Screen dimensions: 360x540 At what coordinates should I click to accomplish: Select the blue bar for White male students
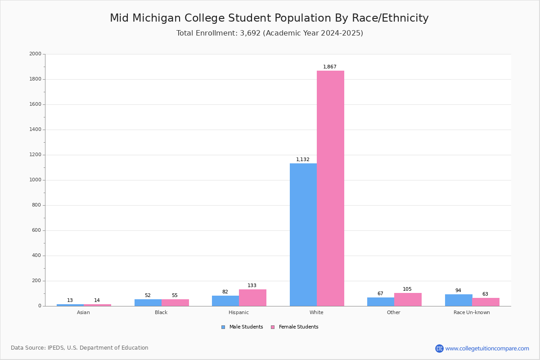pyautogui.click(x=303, y=234)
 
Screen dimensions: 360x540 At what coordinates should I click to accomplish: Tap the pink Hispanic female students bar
pyautogui.click(x=252, y=297)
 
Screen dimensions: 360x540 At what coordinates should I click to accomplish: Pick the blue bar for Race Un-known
pyautogui.click(x=458, y=300)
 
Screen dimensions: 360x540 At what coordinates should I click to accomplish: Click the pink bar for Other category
pyautogui.click(x=408, y=299)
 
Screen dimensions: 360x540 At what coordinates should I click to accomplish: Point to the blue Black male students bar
pyautogui.click(x=148, y=302)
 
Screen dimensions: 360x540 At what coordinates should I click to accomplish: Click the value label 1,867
pyautogui.click(x=330, y=67)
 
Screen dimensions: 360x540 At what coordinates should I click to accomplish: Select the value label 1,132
pyautogui.click(x=303, y=160)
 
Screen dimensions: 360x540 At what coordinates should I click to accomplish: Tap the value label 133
pyautogui.click(x=252, y=286)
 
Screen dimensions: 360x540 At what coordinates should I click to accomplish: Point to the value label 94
pyautogui.click(x=458, y=291)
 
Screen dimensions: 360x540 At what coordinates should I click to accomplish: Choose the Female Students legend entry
pyautogui.click(x=295, y=327)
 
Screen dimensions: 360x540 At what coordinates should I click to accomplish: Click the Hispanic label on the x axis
pyautogui.click(x=238, y=313)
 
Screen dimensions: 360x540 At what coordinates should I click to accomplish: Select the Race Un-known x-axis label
pyautogui.click(x=472, y=313)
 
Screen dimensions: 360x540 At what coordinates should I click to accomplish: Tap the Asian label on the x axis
pyautogui.click(x=83, y=313)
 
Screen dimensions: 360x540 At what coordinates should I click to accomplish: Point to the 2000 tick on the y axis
pyautogui.click(x=35, y=54)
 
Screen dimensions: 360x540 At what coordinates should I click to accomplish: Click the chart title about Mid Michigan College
pyautogui.click(x=269, y=18)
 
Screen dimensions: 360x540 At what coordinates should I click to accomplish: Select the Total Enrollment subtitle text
pyautogui.click(x=270, y=33)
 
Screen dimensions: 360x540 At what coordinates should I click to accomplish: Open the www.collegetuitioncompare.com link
pyautogui.click(x=487, y=348)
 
